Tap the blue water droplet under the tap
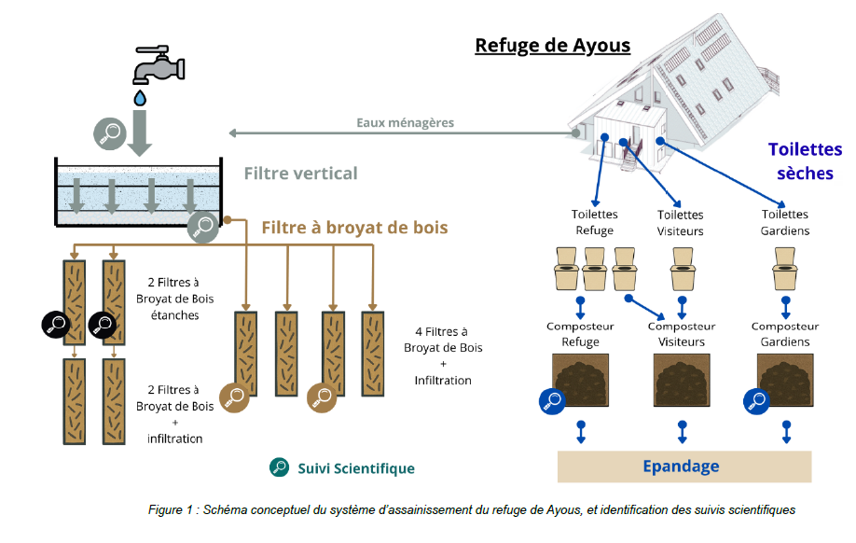140,96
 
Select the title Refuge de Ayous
552,45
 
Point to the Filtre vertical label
300,174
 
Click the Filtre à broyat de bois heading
354,228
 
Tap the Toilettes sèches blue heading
804,160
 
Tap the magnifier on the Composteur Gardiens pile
755,401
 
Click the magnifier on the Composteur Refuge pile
552,401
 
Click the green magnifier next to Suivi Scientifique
279,468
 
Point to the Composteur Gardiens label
784,334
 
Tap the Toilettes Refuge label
594,222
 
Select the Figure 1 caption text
471,510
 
